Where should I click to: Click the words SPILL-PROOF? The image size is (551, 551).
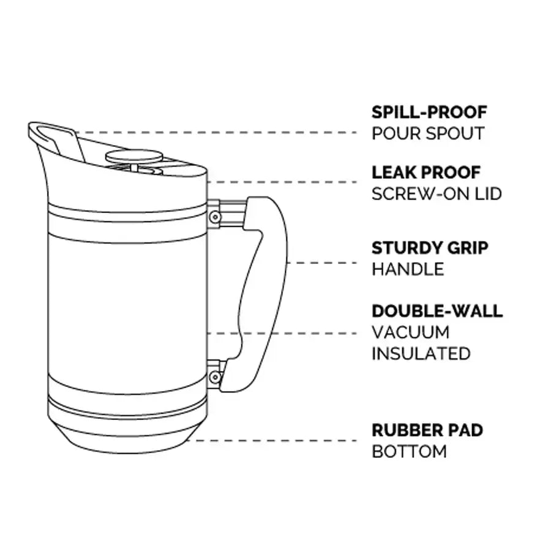tap(429, 113)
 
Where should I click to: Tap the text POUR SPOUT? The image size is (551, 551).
tap(428, 133)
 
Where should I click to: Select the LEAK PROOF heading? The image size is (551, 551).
tap(426, 173)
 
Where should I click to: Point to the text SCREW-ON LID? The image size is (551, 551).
tap(437, 194)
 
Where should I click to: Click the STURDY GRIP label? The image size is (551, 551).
tap(430, 248)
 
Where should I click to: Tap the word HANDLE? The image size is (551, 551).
tap(408, 269)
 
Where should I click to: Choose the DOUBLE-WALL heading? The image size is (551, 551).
tap(437, 311)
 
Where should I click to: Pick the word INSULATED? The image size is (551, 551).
tap(421, 354)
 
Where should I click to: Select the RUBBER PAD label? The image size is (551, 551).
tap(427, 430)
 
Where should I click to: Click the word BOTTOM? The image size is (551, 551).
tap(409, 452)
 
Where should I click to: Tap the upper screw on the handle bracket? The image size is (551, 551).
tap(214, 216)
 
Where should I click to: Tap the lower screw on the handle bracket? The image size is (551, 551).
tap(214, 377)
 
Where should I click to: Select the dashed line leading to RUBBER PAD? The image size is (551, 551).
tap(275, 440)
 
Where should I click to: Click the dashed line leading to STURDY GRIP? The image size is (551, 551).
tap(321, 263)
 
